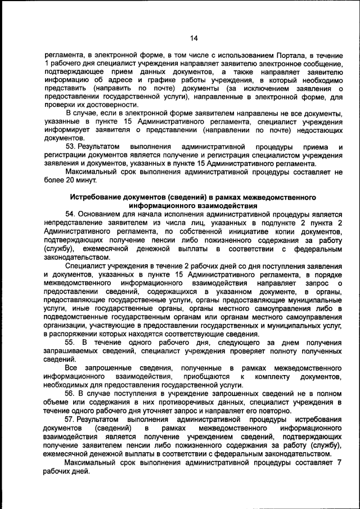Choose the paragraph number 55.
pyautogui.click(x=71, y=343)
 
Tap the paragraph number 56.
pyautogui.click(x=71, y=393)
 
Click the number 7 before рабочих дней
pyautogui.click(x=339, y=462)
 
